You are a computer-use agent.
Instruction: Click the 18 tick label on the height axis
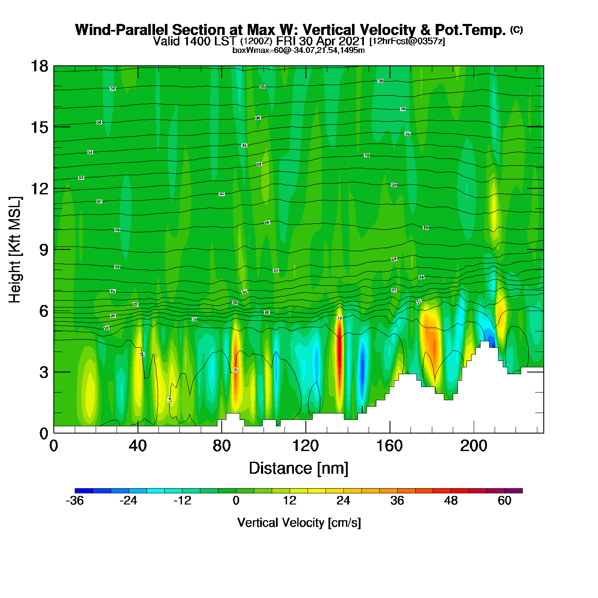click(39, 66)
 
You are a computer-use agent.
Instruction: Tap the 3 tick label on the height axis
click(44, 372)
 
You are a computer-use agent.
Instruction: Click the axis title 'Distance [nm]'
click(299, 469)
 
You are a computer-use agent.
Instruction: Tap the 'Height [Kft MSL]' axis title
click(15, 250)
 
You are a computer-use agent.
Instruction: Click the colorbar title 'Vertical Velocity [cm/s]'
click(299, 523)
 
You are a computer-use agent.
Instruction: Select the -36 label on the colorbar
click(75, 501)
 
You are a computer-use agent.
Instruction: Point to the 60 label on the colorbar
click(504, 501)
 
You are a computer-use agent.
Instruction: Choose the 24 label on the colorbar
click(343, 501)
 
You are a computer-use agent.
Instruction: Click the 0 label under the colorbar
click(236, 501)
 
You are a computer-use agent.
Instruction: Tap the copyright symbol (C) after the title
click(516, 29)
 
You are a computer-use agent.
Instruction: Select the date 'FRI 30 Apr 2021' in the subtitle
click(320, 41)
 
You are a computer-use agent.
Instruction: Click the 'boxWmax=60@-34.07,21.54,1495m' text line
click(299, 50)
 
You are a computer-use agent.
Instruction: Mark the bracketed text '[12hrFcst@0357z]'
click(407, 41)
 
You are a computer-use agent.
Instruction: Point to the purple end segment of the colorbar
click(513, 491)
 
